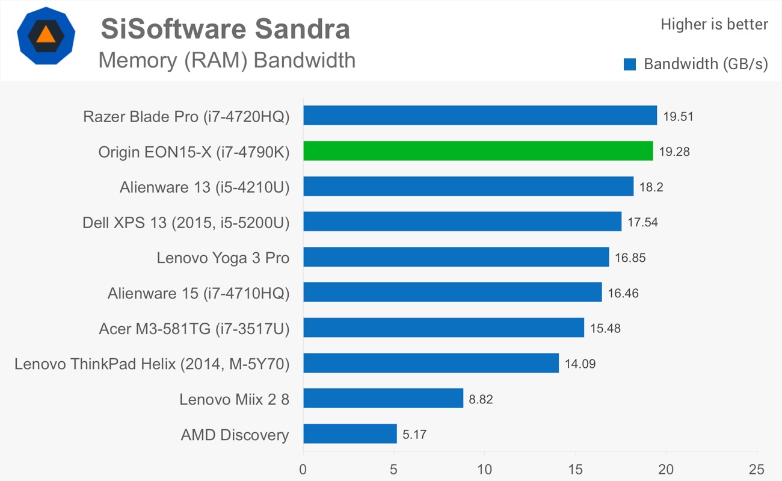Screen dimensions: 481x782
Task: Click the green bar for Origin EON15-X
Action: (x=478, y=151)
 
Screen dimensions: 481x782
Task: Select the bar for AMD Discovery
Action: (x=349, y=433)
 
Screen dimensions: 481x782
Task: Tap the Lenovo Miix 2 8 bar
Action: (x=383, y=398)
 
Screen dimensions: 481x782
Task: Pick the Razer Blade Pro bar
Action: (x=479, y=116)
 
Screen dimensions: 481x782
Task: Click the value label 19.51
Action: (x=678, y=116)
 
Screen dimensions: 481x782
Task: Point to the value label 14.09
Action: (x=580, y=364)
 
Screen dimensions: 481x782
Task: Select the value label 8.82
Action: (x=481, y=399)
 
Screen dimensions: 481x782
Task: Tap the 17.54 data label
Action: (x=642, y=222)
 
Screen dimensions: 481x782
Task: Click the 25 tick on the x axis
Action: (x=756, y=469)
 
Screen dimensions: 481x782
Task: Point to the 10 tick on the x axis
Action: (x=484, y=469)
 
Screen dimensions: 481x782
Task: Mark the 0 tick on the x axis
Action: (x=303, y=469)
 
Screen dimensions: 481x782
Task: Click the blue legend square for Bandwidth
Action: (x=630, y=64)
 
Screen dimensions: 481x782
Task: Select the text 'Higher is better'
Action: (x=714, y=25)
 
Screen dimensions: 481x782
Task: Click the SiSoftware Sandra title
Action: (x=225, y=29)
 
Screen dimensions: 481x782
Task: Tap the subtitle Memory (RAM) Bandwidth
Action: (x=227, y=60)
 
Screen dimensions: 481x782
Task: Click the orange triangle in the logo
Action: (x=46, y=34)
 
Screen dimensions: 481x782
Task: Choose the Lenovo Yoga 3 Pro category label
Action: (x=223, y=258)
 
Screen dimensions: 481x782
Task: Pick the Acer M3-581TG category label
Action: (x=194, y=329)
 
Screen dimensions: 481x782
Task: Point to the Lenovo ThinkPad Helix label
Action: (x=152, y=364)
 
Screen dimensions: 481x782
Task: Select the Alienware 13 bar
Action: (x=468, y=187)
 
